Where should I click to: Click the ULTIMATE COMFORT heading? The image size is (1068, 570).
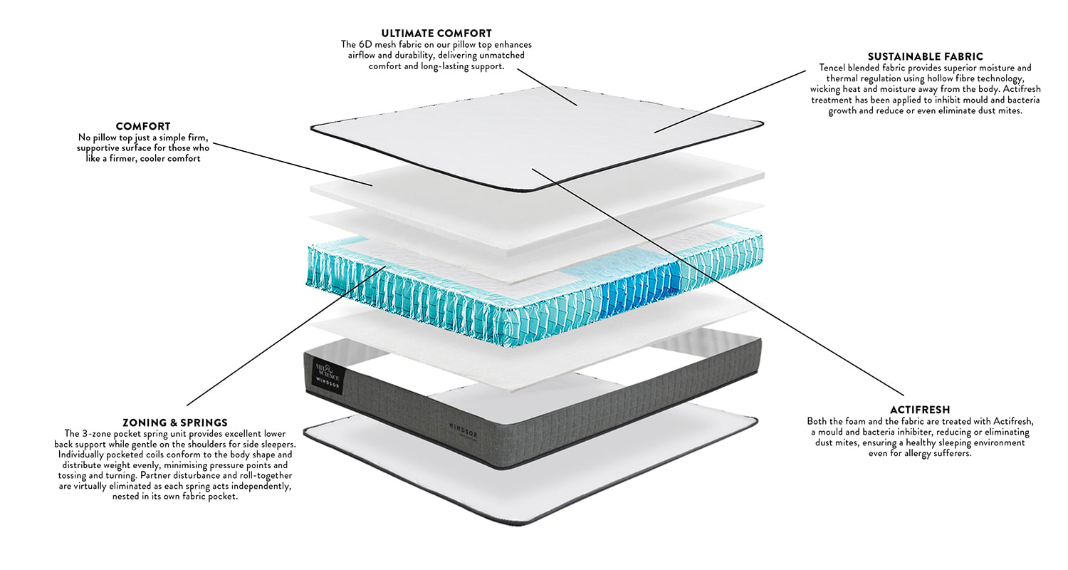click(436, 33)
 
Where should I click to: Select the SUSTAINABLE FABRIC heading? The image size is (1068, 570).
click(925, 56)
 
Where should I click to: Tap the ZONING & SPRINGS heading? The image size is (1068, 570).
click(174, 423)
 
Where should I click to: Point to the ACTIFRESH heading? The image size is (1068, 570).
click(919, 410)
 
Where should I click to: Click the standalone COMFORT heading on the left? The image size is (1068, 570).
click(143, 126)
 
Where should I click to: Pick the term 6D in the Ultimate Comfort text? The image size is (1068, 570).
click(372, 44)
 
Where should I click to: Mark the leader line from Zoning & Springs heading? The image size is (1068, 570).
click(285, 335)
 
